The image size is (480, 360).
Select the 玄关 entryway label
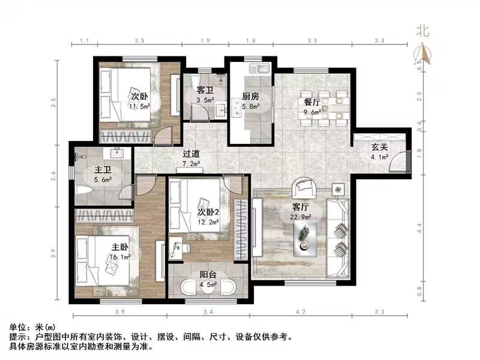click(378, 148)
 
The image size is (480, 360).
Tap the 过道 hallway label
click(191, 153)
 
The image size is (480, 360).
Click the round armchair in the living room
click(302, 189)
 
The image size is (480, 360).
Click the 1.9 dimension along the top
click(204, 41)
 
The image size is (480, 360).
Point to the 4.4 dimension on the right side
click(420, 229)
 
